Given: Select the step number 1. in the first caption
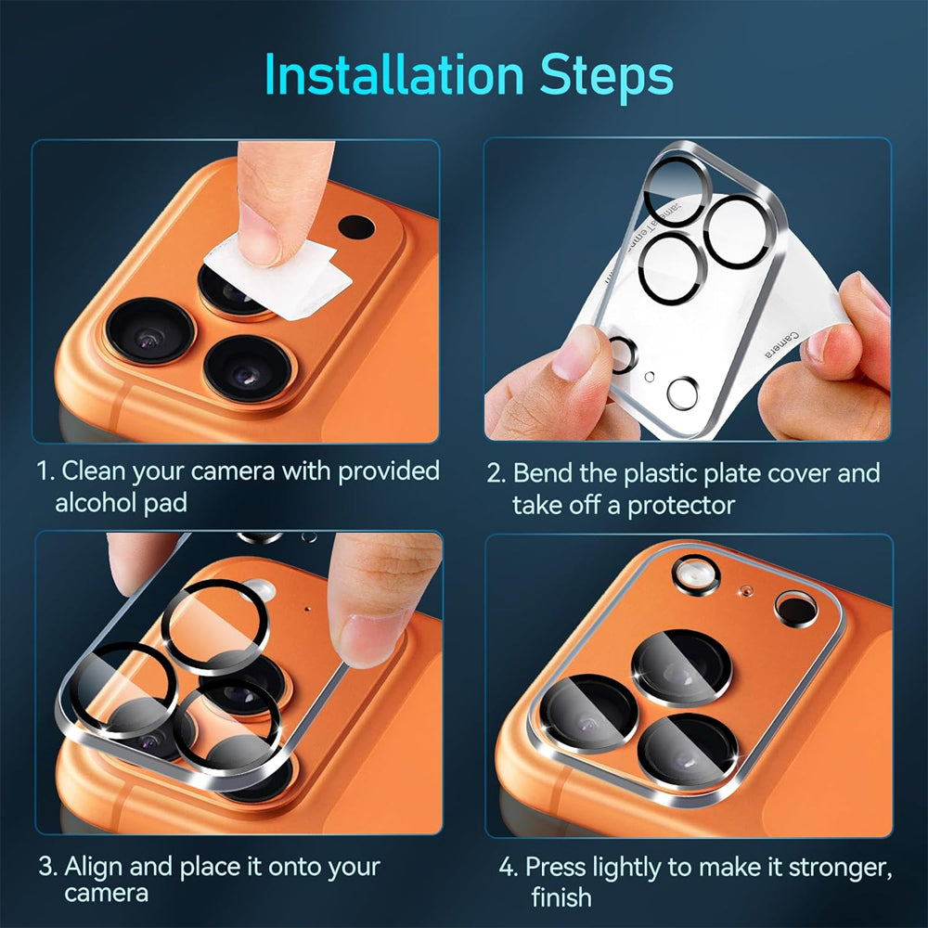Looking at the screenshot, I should tap(45, 471).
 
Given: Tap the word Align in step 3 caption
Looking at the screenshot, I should tap(94, 868).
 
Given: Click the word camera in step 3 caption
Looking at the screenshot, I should tap(106, 894).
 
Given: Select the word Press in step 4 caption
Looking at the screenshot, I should tap(559, 869).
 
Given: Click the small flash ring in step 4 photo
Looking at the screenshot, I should tap(695, 574).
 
